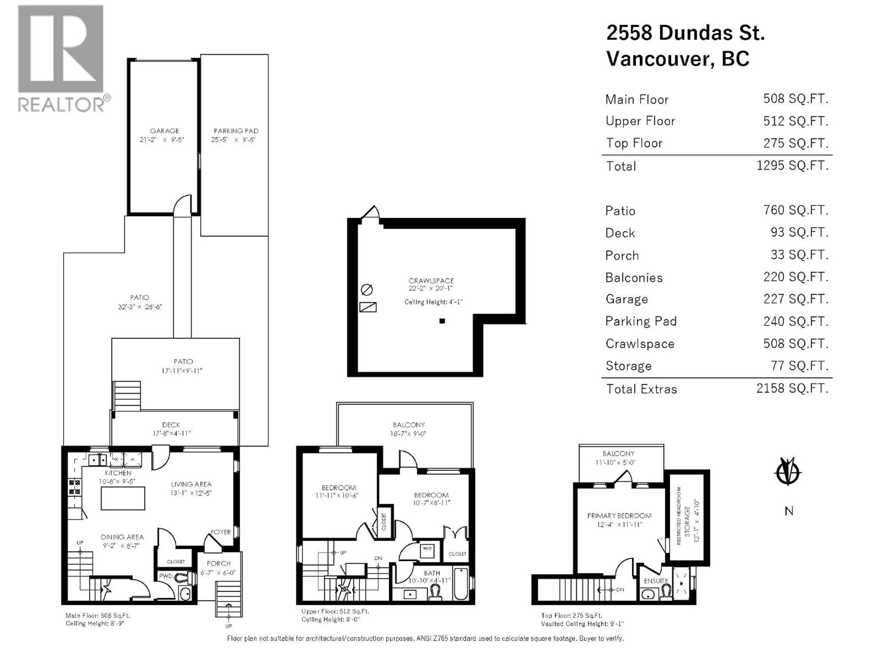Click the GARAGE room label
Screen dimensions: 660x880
point(164,131)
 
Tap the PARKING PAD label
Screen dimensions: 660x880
point(236,131)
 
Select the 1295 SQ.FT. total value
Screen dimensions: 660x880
point(792,165)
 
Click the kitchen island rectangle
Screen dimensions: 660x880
point(123,498)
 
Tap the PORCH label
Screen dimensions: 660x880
point(218,563)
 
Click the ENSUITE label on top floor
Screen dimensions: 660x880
point(656,581)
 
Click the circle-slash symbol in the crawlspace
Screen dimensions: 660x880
point(366,290)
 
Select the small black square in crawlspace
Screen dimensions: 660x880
point(442,321)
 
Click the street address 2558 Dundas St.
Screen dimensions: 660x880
point(685,33)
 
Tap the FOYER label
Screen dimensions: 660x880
point(221,532)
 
